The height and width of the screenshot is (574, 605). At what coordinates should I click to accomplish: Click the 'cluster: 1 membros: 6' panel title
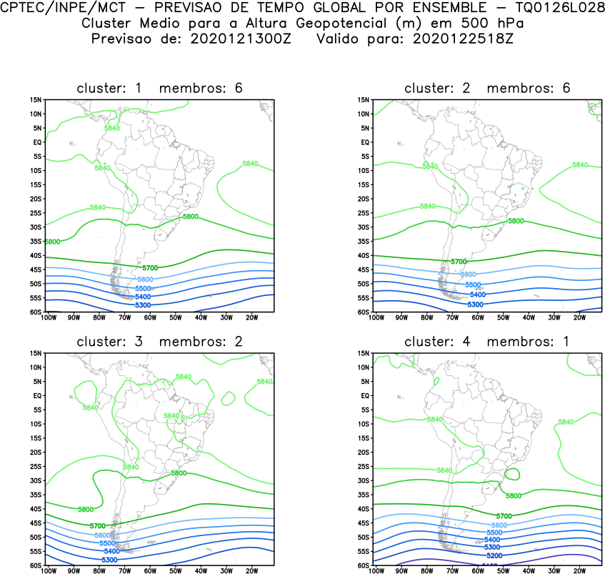coord(159,88)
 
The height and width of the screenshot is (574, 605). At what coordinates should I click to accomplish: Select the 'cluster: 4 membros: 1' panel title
coord(487,342)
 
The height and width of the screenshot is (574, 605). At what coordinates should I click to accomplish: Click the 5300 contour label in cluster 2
coord(476,305)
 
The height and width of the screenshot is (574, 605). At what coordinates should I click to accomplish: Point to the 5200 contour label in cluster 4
coord(493,555)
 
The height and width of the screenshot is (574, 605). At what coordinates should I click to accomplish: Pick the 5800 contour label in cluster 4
coord(514,495)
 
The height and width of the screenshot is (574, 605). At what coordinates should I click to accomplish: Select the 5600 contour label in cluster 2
coord(469,274)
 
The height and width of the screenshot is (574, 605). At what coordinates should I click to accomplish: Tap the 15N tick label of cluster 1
coord(36,99)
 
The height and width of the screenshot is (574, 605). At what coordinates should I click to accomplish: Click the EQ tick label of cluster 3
coord(37,395)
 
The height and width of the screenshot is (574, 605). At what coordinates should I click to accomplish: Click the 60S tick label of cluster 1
coord(36,312)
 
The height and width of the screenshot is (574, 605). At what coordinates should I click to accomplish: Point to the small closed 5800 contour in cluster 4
coord(512,474)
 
